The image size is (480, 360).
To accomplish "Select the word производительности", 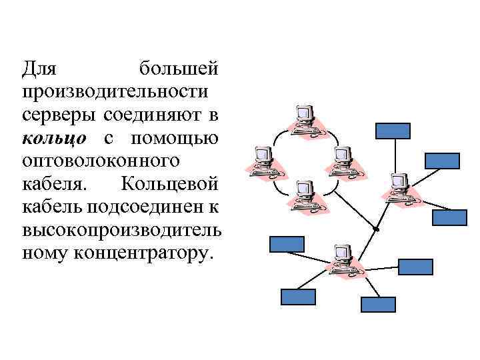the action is click(114, 92).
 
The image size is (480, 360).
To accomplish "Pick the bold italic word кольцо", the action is click(54, 139).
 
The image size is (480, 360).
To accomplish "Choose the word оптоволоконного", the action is click(100, 161).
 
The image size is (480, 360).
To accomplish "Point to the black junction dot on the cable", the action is click(375, 229).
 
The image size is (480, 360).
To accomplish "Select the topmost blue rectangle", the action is click(392, 130).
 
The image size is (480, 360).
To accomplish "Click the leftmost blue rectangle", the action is click(286, 244).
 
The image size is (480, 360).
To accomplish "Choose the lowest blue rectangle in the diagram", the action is click(378, 305).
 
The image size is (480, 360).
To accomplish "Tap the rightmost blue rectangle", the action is click(450, 218).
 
